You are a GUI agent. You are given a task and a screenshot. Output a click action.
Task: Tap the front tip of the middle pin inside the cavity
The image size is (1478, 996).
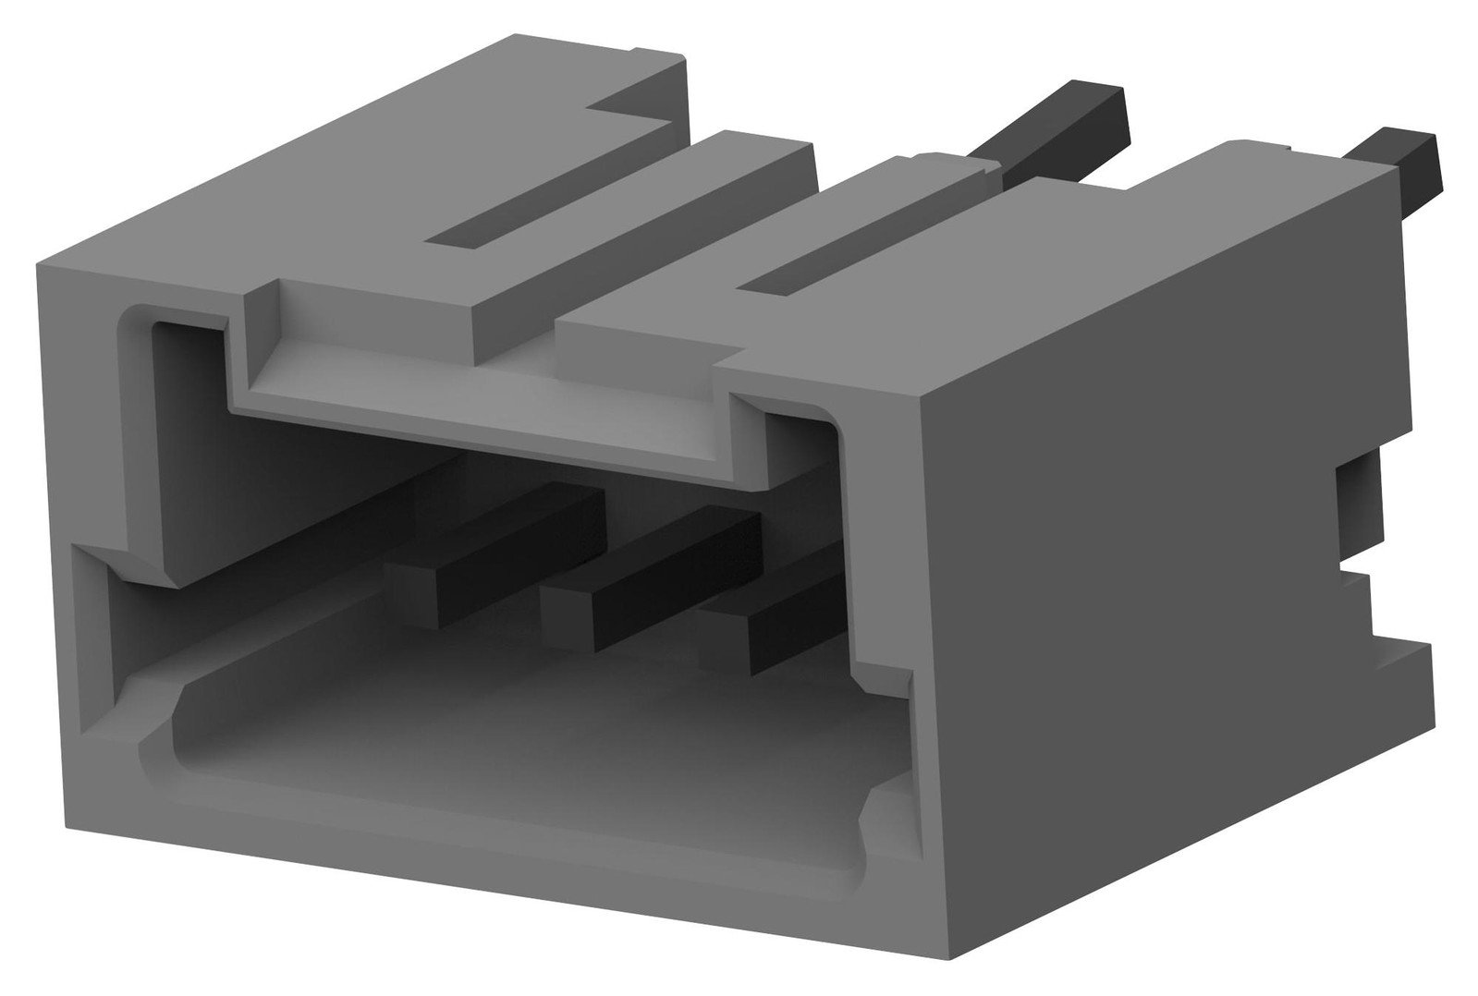coord(568,618)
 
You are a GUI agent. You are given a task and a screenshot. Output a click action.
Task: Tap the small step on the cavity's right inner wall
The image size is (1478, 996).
coord(878,674)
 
